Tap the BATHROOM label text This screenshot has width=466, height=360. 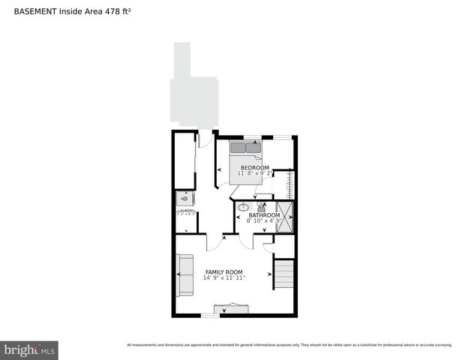pyautogui.click(x=264, y=215)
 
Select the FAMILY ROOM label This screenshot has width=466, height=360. pyautogui.click(x=224, y=271)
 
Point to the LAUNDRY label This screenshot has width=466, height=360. pyautogui.click(x=186, y=211)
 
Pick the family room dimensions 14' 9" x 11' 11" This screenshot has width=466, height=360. pyautogui.click(x=224, y=277)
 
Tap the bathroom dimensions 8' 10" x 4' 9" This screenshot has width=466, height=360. pyautogui.click(x=264, y=221)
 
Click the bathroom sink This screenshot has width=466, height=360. pyautogui.click(x=244, y=206)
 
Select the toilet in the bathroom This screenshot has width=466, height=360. pyautogui.click(x=262, y=206)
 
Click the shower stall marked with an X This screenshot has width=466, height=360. pyautogui.click(x=284, y=216)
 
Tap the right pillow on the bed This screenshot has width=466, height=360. pyautogui.click(x=254, y=148)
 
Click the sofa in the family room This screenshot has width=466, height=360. pyautogui.click(x=185, y=276)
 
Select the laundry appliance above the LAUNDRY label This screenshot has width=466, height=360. pyautogui.click(x=185, y=199)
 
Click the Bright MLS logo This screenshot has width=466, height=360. pyautogui.click(x=29, y=350)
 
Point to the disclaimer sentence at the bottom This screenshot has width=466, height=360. pyautogui.click(x=289, y=345)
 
